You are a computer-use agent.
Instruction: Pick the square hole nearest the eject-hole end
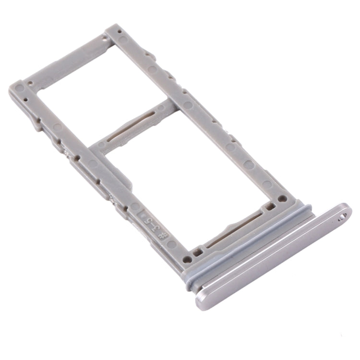coord(270,208)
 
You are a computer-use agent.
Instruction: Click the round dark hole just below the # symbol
coord(188,259)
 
